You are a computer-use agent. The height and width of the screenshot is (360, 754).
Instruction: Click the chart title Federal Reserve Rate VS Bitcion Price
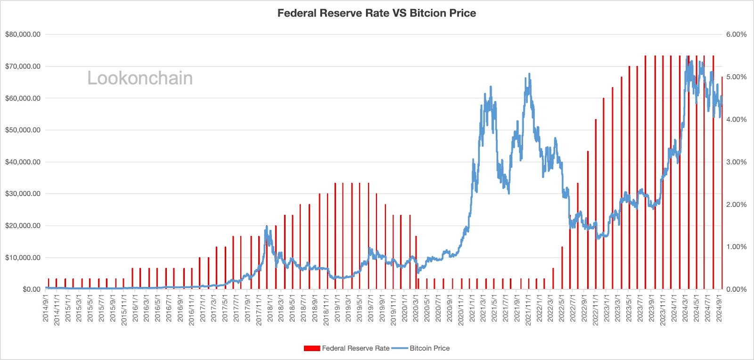click(377, 13)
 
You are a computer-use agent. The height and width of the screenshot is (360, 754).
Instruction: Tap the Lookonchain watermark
click(140, 78)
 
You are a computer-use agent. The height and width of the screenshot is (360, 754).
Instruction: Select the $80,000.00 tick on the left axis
click(23, 34)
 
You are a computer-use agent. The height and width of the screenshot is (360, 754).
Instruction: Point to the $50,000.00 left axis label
click(23, 130)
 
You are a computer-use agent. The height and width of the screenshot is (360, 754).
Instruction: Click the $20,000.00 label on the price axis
click(23, 226)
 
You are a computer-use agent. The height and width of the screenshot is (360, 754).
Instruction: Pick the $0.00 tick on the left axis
click(32, 289)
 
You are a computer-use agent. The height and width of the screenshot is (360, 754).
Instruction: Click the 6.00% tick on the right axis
click(736, 34)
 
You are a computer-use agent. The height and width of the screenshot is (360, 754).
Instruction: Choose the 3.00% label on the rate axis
click(736, 162)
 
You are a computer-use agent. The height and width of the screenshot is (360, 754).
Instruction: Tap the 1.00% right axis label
click(736, 247)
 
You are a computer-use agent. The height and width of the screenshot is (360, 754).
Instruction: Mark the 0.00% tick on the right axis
click(736, 289)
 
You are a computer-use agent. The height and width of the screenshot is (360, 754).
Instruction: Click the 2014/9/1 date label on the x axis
click(46, 309)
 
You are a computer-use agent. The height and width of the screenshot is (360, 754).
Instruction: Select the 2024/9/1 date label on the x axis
click(719, 309)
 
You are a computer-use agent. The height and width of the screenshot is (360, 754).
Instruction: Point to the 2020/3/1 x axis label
click(416, 309)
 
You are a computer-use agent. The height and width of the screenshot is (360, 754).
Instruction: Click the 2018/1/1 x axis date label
click(270, 309)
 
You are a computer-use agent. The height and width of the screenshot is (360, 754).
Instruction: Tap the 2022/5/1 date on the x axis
click(562, 309)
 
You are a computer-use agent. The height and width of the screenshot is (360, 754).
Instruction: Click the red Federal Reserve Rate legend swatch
click(312, 348)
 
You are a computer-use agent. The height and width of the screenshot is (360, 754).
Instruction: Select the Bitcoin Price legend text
click(429, 348)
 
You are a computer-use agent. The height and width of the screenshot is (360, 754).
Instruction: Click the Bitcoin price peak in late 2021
click(529, 74)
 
